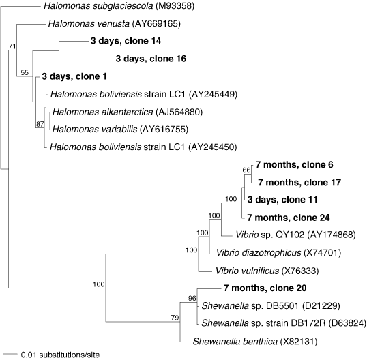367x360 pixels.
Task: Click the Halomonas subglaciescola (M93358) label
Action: (119, 6)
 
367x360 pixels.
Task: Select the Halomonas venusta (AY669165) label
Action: (114, 24)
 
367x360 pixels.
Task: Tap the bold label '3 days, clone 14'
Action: (126, 41)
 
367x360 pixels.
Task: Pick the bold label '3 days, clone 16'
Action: (151, 59)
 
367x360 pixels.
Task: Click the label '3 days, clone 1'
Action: (74, 76)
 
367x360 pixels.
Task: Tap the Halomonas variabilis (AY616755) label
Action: (120, 130)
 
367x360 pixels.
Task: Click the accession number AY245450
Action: (213, 147)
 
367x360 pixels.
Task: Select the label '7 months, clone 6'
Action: (294, 165)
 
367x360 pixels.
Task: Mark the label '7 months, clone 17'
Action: (299, 183)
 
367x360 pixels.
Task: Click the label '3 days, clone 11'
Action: (282, 200)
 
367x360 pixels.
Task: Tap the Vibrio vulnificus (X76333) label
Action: (267, 271)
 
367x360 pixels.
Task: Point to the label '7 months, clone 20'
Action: (265, 288)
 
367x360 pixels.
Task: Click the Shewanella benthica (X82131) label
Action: (255, 342)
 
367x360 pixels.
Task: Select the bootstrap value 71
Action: (12, 46)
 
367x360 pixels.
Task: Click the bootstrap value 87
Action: (40, 124)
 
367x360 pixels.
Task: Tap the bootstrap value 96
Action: (192, 298)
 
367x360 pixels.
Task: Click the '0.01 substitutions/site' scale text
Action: (60, 355)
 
